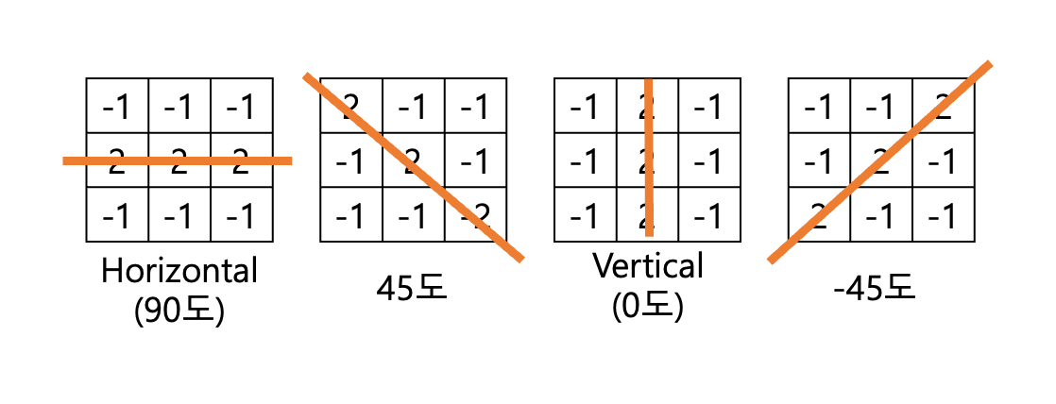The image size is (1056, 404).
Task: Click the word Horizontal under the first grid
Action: pyautogui.click(x=179, y=272)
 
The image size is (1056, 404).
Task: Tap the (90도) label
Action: pyautogui.click(x=179, y=310)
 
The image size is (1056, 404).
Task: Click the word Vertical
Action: pyautogui.click(x=648, y=266)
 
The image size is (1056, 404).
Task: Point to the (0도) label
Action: pyautogui.click(x=648, y=306)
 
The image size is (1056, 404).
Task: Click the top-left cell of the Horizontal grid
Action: pyautogui.click(x=117, y=106)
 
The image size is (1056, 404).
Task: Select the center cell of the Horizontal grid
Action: pyautogui.click(x=179, y=161)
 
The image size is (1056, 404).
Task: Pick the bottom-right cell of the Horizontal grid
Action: pyautogui.click(x=241, y=216)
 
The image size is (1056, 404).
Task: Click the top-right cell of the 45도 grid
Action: pyautogui.click(x=476, y=106)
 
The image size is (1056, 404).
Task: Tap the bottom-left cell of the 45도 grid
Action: pyautogui.click(x=351, y=216)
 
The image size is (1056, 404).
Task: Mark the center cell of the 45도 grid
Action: pyautogui.click(x=414, y=161)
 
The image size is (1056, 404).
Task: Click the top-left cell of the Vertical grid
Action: pyautogui.click(x=586, y=106)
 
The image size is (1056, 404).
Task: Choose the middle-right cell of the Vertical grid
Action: pyautogui.click(x=709, y=161)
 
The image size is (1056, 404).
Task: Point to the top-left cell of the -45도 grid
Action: pyautogui.click(x=819, y=106)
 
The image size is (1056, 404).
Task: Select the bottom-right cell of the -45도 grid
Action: pyautogui.click(x=943, y=216)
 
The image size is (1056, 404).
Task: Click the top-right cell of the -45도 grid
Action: pyautogui.click(x=943, y=106)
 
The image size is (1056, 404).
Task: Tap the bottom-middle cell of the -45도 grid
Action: pyautogui.click(x=881, y=216)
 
